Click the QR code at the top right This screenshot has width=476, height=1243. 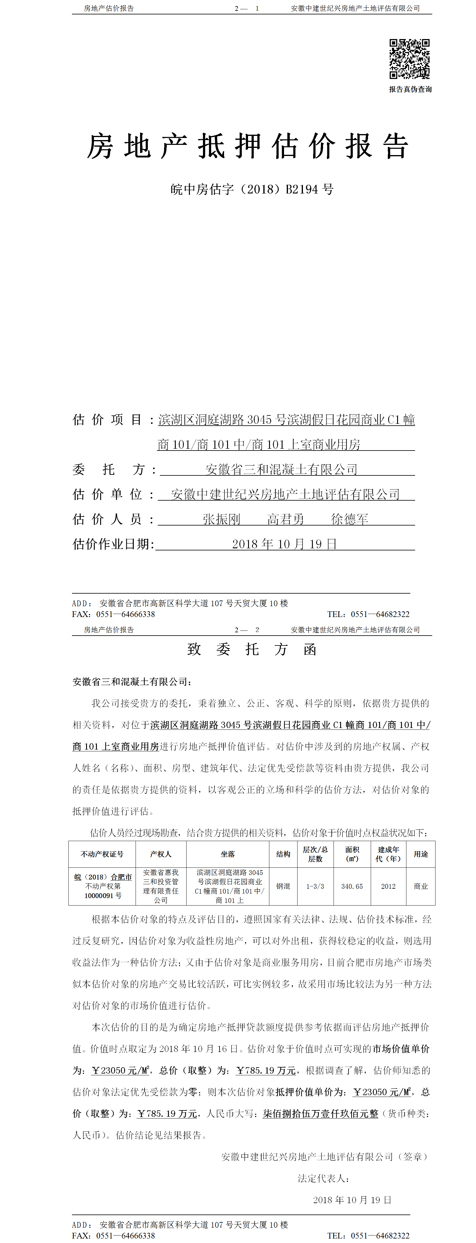point(409,59)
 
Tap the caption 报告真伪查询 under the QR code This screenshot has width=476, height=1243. point(410,89)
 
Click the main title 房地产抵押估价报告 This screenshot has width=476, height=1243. point(248,146)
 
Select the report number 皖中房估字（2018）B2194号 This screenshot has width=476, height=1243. point(252,189)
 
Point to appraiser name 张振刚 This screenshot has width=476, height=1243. point(221,519)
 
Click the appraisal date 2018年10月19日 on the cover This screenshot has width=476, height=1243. point(284,544)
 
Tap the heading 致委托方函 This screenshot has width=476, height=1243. point(252,649)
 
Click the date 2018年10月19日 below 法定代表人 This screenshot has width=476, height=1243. point(352,1200)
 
